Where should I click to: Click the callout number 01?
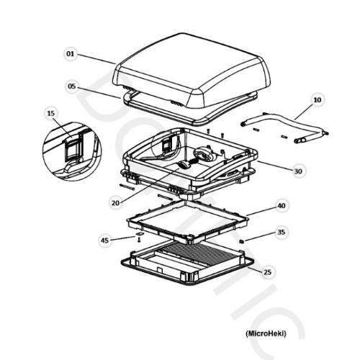click(71, 54)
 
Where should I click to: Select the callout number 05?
click(72, 86)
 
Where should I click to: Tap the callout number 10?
click(318, 99)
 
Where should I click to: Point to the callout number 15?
click(51, 113)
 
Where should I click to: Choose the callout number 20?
click(115, 203)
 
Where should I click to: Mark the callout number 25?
click(267, 272)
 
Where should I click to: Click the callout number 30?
click(298, 171)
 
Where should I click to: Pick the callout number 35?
click(281, 232)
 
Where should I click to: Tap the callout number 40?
click(282, 206)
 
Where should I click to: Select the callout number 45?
click(105, 240)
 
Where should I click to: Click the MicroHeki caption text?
click(266, 333)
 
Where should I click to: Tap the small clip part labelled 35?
click(242, 241)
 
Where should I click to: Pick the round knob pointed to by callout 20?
click(183, 165)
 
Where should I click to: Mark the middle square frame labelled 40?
click(188, 220)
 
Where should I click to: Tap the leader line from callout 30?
click(276, 166)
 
